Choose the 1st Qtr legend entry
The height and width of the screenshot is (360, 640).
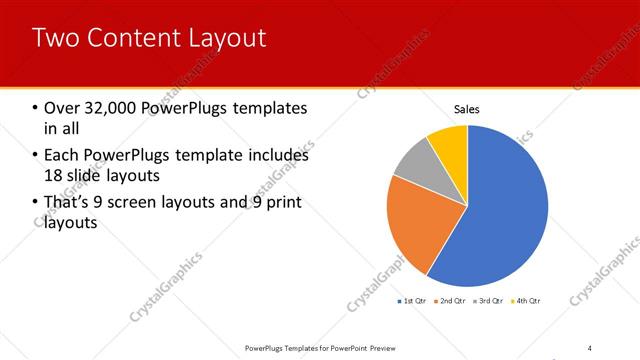pos(413,301)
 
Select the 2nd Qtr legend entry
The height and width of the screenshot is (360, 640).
pos(452,301)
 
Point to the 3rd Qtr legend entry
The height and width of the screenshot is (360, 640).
pos(489,301)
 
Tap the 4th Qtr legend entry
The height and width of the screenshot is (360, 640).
pos(526,301)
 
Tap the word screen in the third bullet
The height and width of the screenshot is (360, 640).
pos(163,203)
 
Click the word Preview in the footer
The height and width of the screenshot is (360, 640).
pos(389,348)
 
